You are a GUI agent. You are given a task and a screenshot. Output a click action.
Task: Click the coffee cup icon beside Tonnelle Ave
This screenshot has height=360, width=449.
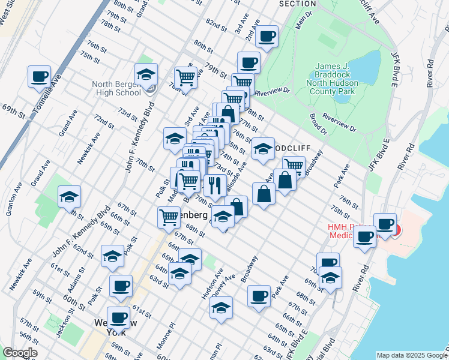40,77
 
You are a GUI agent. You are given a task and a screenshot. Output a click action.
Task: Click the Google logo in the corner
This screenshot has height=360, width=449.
19,353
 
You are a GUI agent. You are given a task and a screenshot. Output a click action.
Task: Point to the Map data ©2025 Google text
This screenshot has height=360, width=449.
411,355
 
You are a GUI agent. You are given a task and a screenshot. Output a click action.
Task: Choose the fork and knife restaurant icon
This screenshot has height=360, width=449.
215,184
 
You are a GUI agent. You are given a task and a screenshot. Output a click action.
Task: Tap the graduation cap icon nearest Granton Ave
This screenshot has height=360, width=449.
69,197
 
